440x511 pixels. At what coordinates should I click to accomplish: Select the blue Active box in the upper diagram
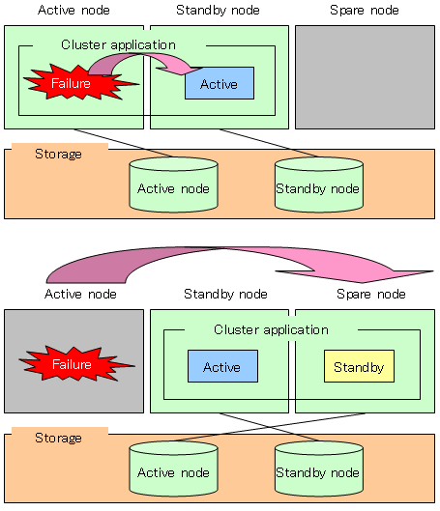tap(220, 83)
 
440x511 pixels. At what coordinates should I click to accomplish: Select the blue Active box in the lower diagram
tap(222, 366)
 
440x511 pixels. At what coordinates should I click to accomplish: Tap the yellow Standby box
tap(359, 366)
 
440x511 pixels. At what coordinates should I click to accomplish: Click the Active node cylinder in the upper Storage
tap(173, 185)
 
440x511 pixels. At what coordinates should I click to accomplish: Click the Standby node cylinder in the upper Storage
tap(319, 185)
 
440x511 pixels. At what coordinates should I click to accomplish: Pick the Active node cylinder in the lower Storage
tap(173, 468)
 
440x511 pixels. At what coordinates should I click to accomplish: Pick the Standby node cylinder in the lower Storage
tap(319, 468)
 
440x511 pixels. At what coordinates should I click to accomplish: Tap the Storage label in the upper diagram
tap(58, 155)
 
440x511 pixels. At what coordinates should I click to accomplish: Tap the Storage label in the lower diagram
tap(58, 438)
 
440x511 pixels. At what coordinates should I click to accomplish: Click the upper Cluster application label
tap(118, 45)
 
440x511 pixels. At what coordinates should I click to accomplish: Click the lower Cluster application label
tap(271, 329)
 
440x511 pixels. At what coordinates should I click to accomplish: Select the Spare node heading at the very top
tap(365, 10)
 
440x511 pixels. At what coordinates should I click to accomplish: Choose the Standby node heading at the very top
tap(218, 10)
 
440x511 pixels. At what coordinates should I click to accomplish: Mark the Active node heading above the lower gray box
tap(80, 294)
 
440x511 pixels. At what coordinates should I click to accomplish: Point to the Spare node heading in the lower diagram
tap(371, 294)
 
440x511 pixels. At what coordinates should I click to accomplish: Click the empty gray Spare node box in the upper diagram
tap(365, 77)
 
